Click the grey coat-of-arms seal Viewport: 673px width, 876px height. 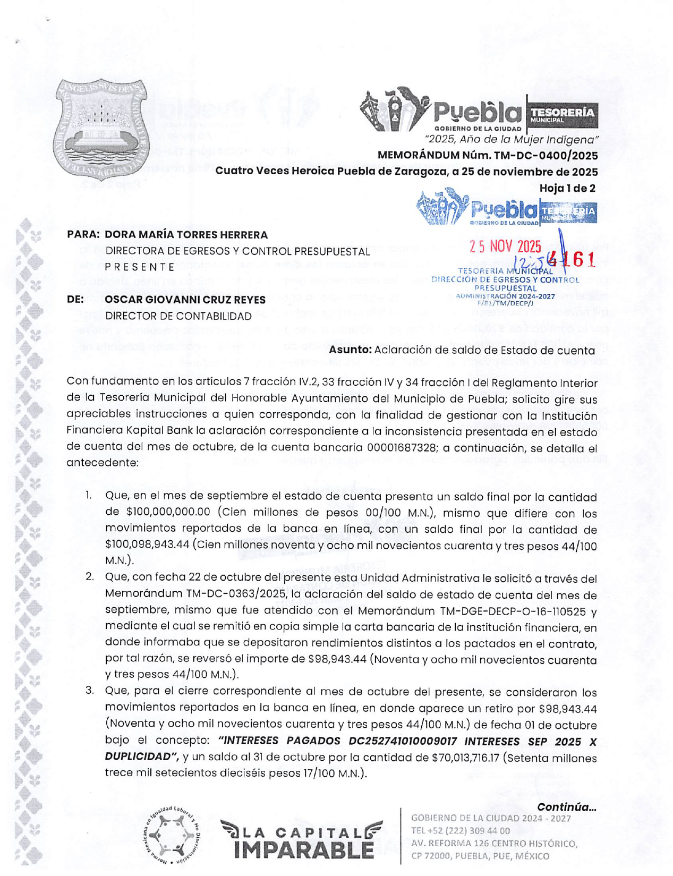pos(101,130)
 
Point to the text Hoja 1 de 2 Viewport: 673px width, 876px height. pos(567,188)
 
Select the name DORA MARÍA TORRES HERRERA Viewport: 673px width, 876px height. pos(186,235)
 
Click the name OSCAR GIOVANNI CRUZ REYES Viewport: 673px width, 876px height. pos(185,300)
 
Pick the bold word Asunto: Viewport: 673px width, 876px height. pos(350,350)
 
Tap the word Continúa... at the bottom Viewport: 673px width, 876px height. pos(567,807)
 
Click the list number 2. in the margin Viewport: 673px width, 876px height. pos(90,577)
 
